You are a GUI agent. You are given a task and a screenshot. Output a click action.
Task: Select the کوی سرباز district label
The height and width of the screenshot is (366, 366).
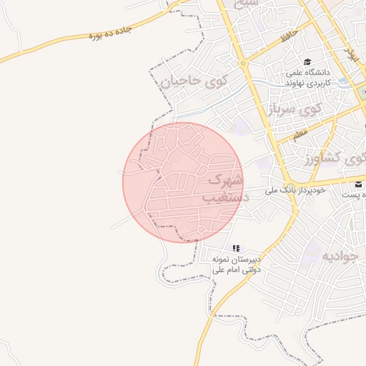click(x=295, y=109)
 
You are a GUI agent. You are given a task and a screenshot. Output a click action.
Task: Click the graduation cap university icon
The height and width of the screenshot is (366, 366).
click(x=307, y=62)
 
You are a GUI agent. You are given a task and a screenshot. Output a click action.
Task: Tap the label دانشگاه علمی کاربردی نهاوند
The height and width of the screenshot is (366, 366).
click(x=307, y=77)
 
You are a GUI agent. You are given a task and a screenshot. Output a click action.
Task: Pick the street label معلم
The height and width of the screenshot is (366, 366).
click(x=300, y=133)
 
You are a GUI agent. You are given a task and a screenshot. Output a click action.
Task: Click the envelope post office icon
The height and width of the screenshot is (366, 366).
click(x=357, y=184)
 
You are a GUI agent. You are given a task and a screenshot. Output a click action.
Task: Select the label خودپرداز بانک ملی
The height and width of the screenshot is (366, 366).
click(x=295, y=190)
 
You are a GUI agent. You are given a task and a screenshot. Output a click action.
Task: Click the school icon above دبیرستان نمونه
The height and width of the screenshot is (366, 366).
click(x=235, y=248)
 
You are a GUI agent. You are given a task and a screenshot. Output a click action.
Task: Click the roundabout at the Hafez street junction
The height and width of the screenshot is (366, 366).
click(x=243, y=64)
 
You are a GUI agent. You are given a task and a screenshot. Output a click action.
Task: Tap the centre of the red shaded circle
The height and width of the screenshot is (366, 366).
click(x=183, y=182)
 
